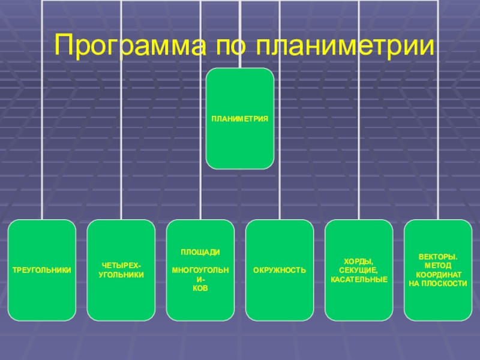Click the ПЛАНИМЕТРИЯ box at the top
tap(239, 118)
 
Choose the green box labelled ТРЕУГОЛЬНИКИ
tap(42, 270)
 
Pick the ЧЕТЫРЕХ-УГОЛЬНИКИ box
tap(121, 270)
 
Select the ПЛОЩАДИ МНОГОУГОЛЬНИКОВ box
tap(200, 270)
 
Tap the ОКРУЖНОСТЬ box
tap(280, 270)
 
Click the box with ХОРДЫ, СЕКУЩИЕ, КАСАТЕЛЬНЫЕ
tap(359, 270)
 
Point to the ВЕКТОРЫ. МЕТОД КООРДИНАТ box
tap(438, 270)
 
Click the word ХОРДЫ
tap(359, 262)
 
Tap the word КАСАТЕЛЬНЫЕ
tap(359, 280)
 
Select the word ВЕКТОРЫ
tap(438, 257)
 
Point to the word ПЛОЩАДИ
tap(200, 253)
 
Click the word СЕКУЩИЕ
tap(359, 271)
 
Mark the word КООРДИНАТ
tap(438, 274)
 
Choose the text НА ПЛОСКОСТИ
tap(438, 283)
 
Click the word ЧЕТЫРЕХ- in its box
tap(121, 265)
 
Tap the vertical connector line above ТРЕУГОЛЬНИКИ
tap(42, 120)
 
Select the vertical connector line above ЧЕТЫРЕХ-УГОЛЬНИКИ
tap(121, 120)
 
